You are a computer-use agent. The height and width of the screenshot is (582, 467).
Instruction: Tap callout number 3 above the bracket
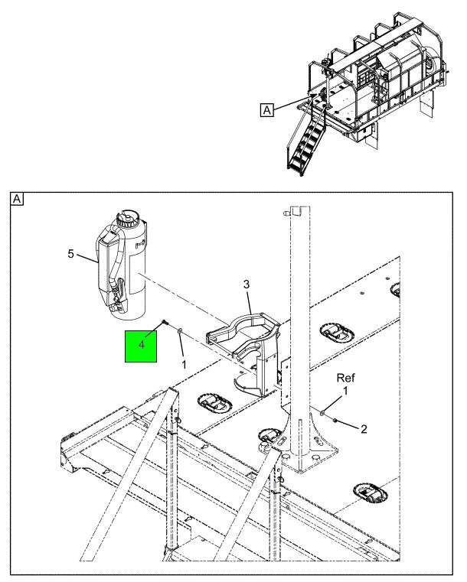click(x=247, y=285)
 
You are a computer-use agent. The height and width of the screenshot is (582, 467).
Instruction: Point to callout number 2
click(x=363, y=428)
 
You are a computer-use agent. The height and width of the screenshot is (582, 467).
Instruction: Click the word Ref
click(x=345, y=377)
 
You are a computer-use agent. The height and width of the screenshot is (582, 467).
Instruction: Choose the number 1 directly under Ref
click(x=345, y=391)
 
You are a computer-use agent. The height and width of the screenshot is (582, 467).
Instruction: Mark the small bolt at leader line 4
click(x=165, y=324)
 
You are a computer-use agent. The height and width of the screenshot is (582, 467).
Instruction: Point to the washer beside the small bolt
click(x=178, y=331)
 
